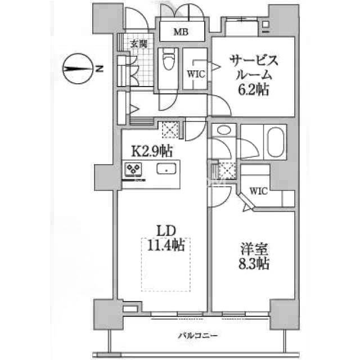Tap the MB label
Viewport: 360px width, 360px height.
coord(180,32)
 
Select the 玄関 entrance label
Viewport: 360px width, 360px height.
coord(139,44)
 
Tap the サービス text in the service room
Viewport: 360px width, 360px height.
coord(253,60)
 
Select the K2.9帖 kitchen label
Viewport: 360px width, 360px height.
coord(152,151)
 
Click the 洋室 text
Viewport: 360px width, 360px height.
coord(253,249)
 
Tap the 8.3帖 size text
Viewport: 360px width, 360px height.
coord(253,263)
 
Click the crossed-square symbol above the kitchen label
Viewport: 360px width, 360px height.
coord(169,130)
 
